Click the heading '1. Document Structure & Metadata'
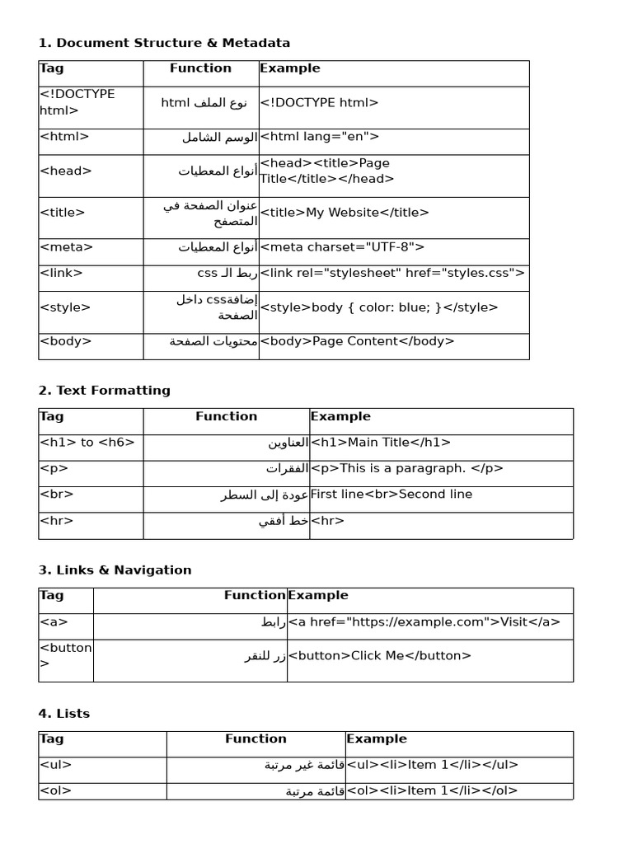coord(164,43)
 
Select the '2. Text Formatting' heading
coord(105,391)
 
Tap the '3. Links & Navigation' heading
coord(115,570)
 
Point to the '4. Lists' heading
coord(64,714)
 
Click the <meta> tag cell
coord(67,246)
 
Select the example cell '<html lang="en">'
coord(320,137)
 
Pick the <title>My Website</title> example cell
coord(345,213)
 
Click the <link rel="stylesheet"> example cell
coord(392,273)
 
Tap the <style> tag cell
coord(65,307)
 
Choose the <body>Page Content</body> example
coord(357,341)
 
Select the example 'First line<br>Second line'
coord(392,495)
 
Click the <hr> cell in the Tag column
coord(57,521)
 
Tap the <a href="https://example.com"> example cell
coord(424,622)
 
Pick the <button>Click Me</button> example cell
coord(380,656)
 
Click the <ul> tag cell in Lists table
coord(56,765)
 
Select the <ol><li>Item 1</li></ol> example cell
coord(433,791)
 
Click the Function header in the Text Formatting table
coord(226,417)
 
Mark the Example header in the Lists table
coord(377,739)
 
